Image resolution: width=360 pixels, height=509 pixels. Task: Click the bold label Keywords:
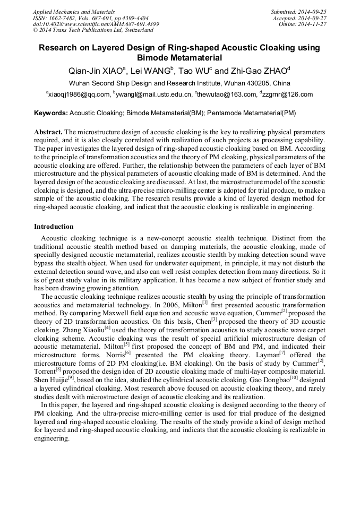(51, 113)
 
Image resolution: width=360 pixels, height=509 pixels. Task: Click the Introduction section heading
(54, 227)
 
